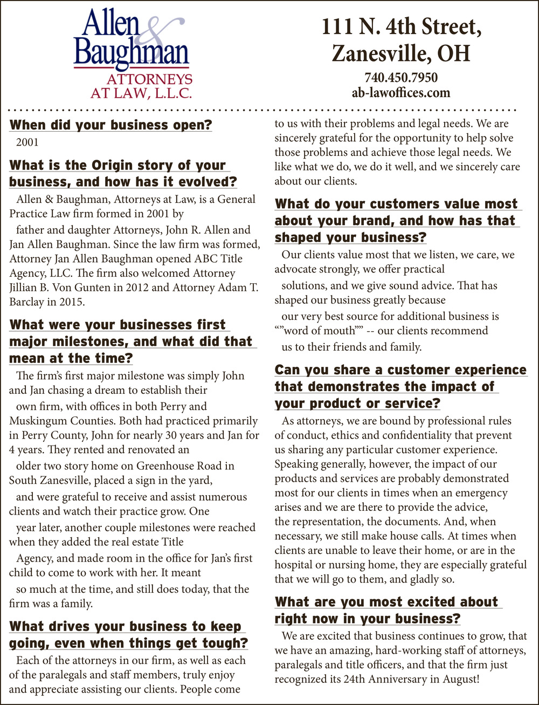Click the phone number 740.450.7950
(x=400, y=78)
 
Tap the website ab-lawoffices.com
(x=400, y=92)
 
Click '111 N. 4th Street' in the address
(x=400, y=28)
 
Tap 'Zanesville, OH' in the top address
(x=400, y=53)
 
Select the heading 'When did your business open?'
(x=110, y=125)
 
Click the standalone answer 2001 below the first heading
(x=26, y=143)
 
